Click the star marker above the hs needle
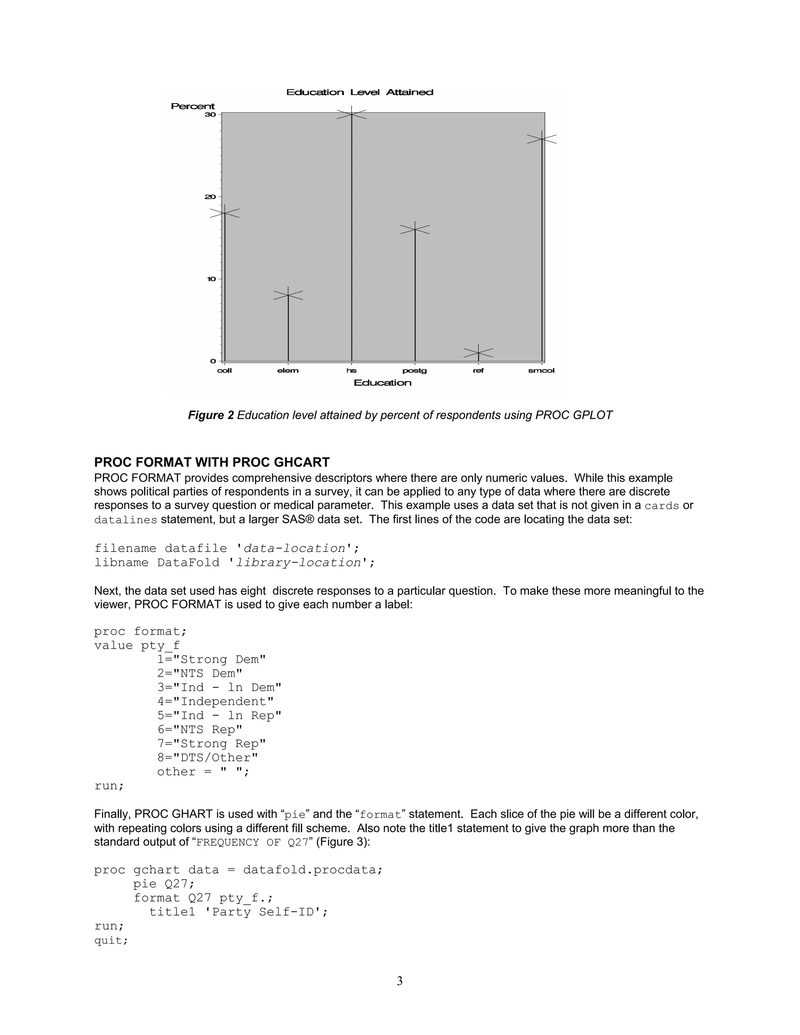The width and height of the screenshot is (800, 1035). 351,114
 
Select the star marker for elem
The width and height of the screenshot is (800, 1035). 288,295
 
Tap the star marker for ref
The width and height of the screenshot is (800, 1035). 478,353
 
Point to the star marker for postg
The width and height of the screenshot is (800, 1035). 415,229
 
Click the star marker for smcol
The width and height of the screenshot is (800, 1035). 542,139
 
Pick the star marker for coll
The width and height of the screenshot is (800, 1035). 225,213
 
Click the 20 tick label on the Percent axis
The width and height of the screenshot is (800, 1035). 211,197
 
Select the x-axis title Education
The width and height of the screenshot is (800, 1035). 382,383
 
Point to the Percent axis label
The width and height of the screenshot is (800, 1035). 193,106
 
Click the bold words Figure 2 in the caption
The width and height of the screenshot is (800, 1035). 211,415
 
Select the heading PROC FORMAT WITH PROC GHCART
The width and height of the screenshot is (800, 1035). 211,462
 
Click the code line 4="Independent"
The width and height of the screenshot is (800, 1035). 216,701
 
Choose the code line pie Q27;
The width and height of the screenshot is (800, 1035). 164,884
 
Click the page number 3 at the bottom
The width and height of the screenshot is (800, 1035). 400,981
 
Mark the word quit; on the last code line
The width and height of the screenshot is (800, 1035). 111,940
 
